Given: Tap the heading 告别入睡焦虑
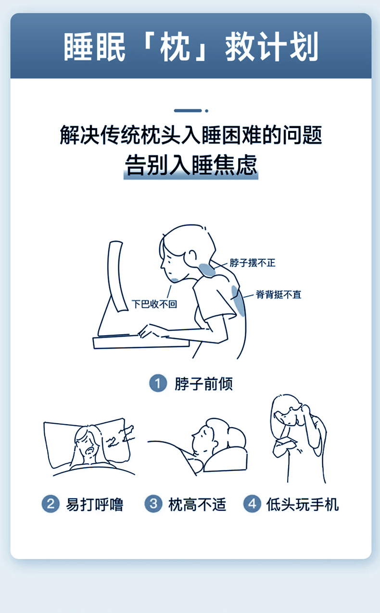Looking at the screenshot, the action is click(x=191, y=165).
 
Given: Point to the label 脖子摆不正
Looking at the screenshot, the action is click(x=253, y=263).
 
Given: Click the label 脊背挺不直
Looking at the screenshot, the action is click(x=279, y=295).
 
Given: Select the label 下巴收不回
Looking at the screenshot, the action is click(x=154, y=304).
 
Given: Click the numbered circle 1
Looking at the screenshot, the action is click(x=158, y=383).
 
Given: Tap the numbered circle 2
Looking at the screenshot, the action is click(x=51, y=504).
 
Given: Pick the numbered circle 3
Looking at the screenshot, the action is click(x=153, y=504).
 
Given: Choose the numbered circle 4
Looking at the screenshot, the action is click(x=252, y=504).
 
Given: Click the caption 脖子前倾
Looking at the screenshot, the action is click(x=203, y=384).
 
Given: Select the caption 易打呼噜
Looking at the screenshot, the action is click(x=95, y=504).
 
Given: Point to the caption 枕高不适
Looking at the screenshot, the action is click(x=197, y=504).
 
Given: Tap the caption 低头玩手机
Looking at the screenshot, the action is click(x=303, y=504).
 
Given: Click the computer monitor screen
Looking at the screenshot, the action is click(x=117, y=276).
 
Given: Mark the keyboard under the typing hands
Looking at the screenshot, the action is click(x=141, y=342).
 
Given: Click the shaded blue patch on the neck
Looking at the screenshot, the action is click(x=207, y=270).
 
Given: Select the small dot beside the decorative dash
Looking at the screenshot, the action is click(x=207, y=111).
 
